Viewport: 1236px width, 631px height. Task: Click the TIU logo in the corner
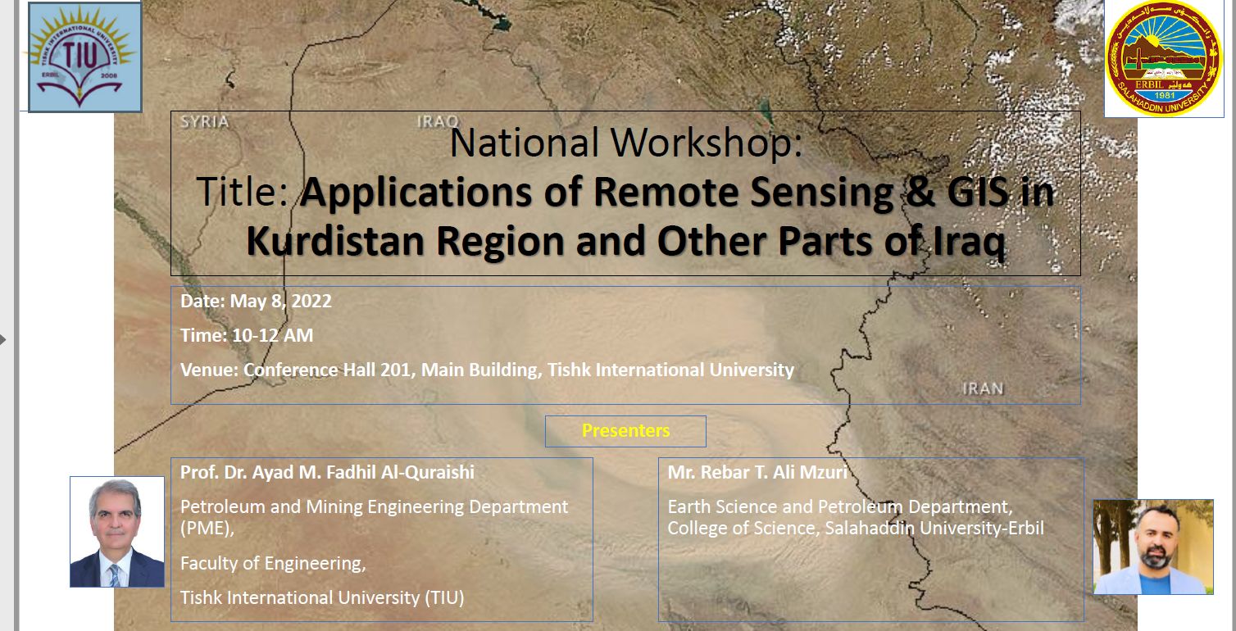85,57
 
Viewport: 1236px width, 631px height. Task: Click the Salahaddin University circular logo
1164,58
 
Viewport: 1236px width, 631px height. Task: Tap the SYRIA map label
205,122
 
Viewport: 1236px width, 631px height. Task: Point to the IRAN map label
983,389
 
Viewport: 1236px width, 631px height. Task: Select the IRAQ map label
438,122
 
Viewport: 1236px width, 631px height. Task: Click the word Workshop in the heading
707,143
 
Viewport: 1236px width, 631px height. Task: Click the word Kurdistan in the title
335,241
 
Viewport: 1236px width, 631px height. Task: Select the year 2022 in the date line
311,302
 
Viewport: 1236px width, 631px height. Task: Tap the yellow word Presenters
625,431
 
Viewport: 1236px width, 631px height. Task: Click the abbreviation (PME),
207,529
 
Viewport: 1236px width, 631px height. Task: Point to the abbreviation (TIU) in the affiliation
444,598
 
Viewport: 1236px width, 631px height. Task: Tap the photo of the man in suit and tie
117,532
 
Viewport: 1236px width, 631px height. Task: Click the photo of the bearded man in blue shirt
1153,547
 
